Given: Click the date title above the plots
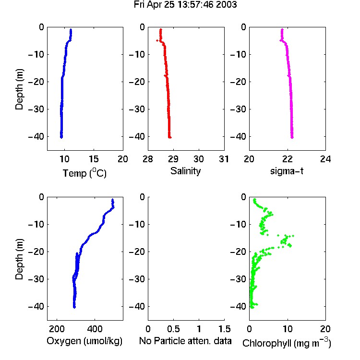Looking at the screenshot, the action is click(185, 5).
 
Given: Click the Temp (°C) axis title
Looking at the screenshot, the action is click(84, 173).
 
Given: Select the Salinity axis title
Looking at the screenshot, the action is click(185, 171).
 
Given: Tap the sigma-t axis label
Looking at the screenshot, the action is click(287, 171).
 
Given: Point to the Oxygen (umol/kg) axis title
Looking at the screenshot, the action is click(84, 341).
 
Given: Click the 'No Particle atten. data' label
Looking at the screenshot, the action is click(185, 341).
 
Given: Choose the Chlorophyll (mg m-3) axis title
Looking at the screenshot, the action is click(287, 343).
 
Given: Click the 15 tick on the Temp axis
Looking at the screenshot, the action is click(94, 159).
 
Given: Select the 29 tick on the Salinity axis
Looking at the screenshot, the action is click(173, 159).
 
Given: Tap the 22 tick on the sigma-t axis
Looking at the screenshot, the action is click(288, 159).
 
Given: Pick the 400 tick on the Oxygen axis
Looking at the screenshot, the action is click(95, 329).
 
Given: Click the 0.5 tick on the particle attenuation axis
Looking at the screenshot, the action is click(173, 329).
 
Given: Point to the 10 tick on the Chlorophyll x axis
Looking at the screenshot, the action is click(288, 329).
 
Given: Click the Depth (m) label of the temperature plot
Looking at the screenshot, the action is click(19, 89).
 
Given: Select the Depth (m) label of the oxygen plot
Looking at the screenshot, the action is click(19, 259).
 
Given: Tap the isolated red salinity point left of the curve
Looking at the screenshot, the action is click(157, 41).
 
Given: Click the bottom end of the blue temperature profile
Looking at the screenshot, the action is click(61, 137).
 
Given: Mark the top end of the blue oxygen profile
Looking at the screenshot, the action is click(112, 200).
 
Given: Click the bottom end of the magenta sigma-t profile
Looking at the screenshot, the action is click(292, 138).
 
